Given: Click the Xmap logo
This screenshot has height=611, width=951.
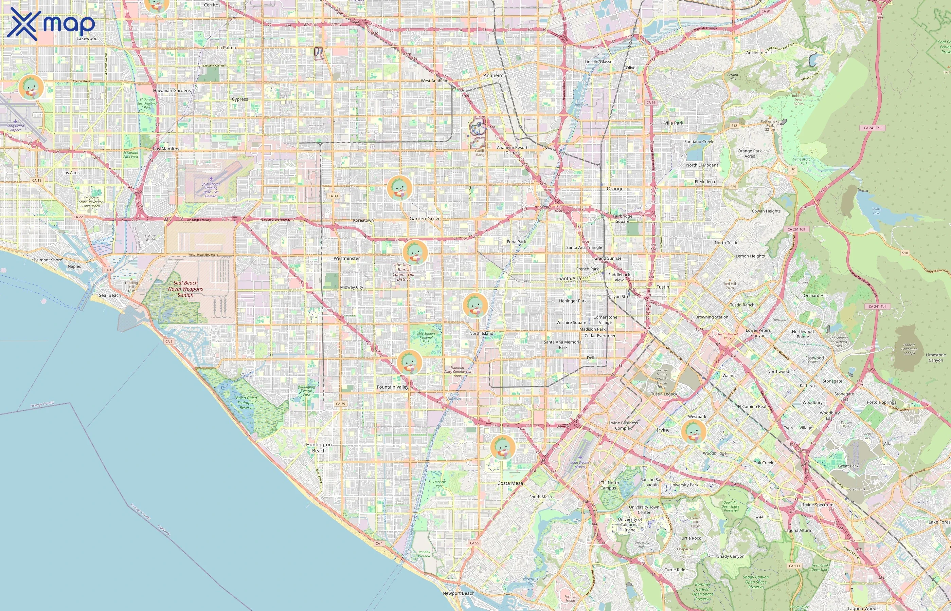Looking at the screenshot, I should (x=51, y=24).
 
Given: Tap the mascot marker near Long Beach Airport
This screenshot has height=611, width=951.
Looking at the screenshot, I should (x=31, y=87).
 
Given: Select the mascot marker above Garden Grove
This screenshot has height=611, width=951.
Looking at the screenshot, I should (x=399, y=188).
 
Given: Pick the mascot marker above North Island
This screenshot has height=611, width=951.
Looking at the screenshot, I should (x=475, y=305).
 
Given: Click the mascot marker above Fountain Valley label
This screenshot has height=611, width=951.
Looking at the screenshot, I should (x=409, y=362).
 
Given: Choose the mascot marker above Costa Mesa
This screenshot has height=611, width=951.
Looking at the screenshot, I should (x=503, y=447).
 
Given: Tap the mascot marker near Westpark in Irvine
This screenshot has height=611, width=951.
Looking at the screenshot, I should (x=694, y=432).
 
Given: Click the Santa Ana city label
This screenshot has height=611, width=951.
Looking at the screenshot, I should (x=570, y=279).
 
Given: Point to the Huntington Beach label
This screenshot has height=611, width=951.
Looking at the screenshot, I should (x=319, y=447).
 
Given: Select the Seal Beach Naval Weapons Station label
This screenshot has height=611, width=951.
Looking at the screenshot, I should (x=185, y=289).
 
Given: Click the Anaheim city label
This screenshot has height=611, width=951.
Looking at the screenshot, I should (x=494, y=75).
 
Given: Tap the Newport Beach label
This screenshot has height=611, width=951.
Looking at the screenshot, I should (x=459, y=593).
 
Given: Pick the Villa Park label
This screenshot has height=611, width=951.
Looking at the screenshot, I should (x=674, y=123).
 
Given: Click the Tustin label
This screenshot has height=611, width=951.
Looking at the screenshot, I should (x=662, y=287).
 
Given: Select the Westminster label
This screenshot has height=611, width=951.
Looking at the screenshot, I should (x=346, y=258).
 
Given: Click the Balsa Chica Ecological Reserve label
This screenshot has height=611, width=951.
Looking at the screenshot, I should (x=247, y=402).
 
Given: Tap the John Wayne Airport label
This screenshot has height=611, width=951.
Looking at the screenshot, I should (x=580, y=464).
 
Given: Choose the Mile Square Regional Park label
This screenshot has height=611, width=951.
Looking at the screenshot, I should (x=426, y=337).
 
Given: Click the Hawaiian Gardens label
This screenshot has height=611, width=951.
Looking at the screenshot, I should (x=172, y=90).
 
